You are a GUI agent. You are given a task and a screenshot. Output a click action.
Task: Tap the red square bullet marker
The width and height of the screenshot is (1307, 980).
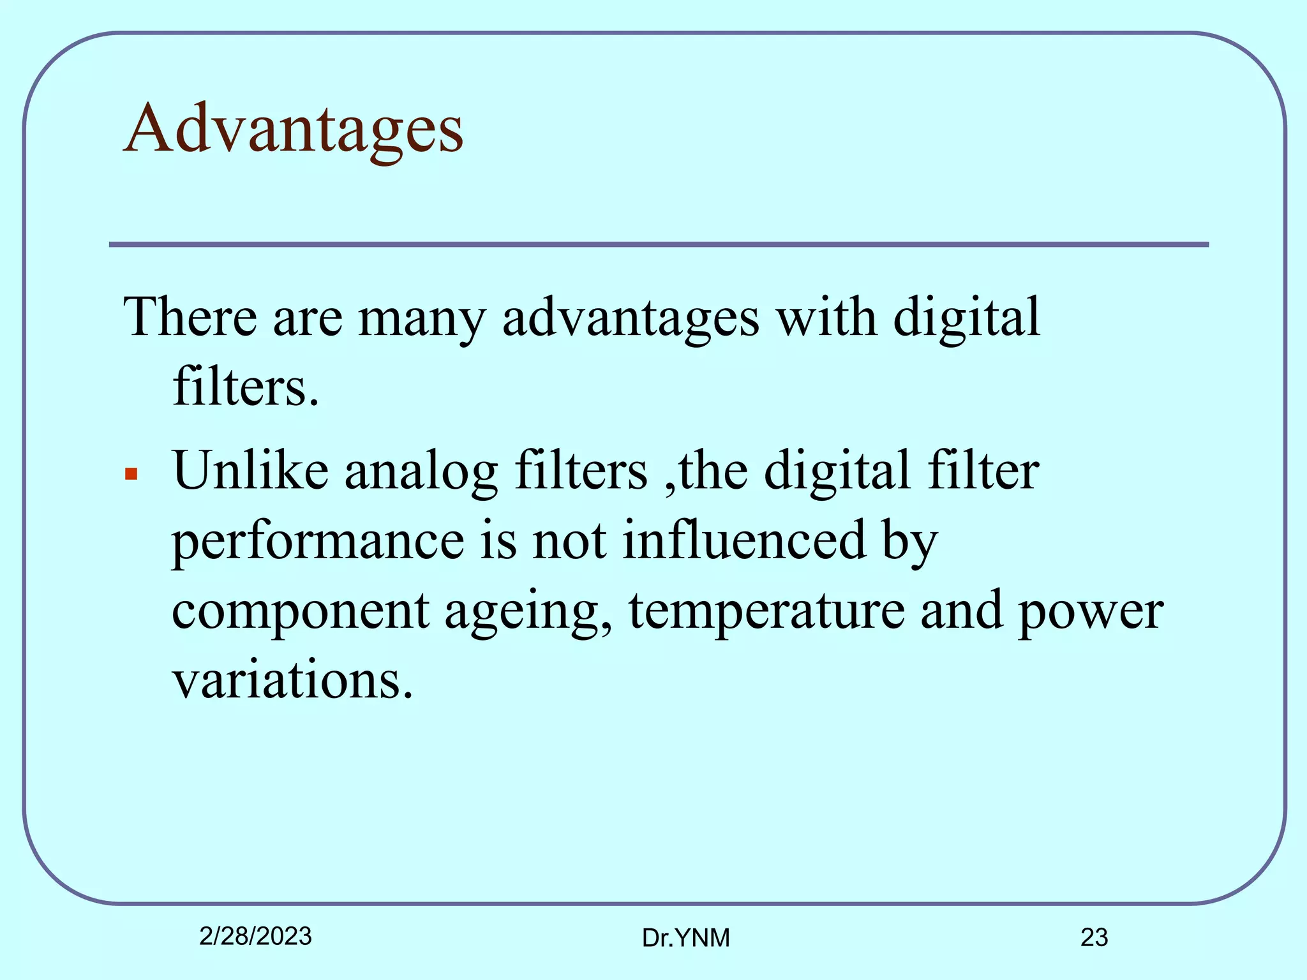(x=131, y=473)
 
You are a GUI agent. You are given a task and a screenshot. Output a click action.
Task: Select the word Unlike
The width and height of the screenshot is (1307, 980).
(x=250, y=471)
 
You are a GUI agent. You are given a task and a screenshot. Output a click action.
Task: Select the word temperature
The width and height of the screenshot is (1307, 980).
(x=766, y=611)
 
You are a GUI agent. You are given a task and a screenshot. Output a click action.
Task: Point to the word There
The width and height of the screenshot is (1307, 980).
(x=190, y=317)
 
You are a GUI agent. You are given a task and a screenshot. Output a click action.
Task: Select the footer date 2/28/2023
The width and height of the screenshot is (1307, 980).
(x=255, y=936)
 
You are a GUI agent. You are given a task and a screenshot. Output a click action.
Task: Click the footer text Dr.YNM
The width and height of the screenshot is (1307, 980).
(x=685, y=938)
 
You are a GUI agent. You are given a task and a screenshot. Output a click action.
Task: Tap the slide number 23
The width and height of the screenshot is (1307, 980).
(x=1094, y=937)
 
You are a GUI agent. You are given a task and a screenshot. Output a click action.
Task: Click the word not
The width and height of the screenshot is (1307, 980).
(x=569, y=541)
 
